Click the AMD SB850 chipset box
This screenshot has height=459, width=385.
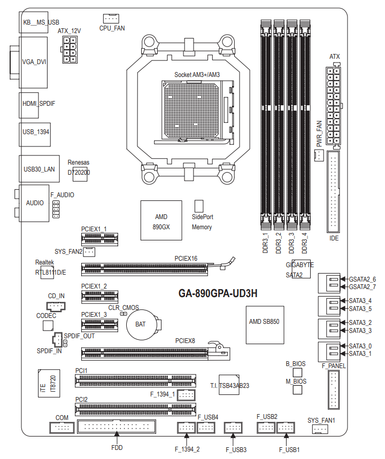coord(265,322)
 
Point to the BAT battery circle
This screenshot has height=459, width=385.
coord(141,324)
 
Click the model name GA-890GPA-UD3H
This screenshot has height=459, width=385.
coord(218,293)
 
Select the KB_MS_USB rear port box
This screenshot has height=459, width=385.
coord(41,22)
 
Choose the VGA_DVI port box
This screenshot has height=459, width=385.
coord(34,61)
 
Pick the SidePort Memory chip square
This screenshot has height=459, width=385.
coord(199,206)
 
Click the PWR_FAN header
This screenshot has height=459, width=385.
coord(319,155)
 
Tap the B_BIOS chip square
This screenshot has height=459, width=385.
coord(298,372)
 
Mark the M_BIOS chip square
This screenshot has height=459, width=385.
coord(298,391)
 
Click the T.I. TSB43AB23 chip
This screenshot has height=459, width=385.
coord(229,385)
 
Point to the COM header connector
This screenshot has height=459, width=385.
coord(61,427)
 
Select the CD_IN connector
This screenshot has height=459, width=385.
coord(56,306)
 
